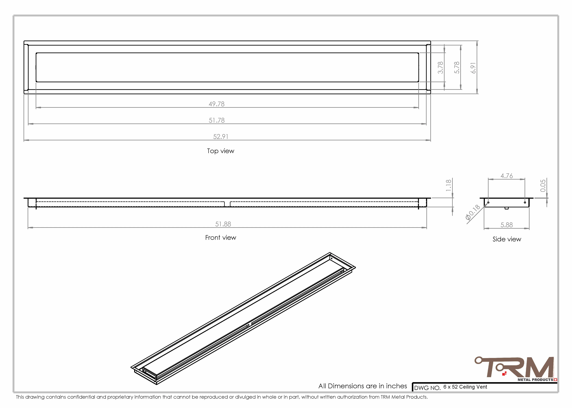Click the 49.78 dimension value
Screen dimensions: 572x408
217,104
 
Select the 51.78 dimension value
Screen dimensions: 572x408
217,120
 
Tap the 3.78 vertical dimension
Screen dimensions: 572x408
440,68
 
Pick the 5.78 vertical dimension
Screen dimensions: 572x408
457,68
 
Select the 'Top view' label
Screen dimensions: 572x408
221,151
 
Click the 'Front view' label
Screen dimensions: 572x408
221,238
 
